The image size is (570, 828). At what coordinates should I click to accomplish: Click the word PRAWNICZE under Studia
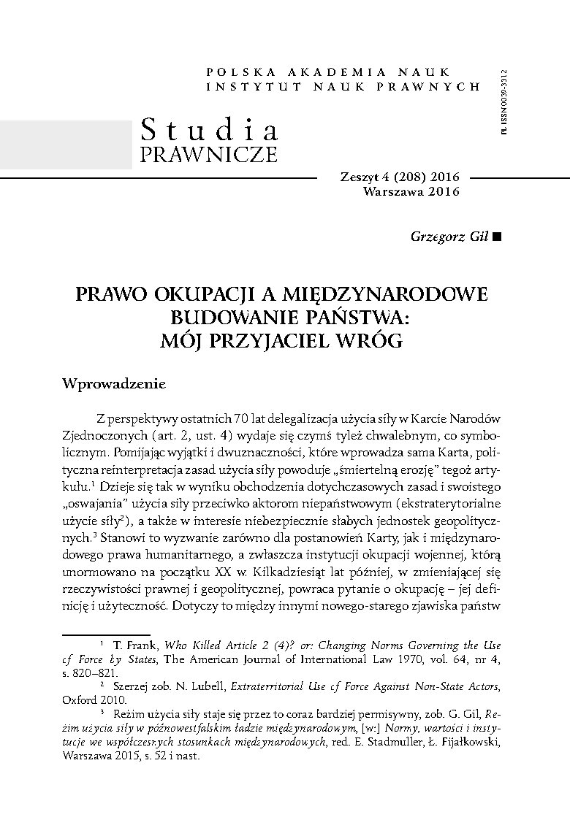(208, 154)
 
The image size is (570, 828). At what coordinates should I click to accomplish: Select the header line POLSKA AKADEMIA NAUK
(343, 72)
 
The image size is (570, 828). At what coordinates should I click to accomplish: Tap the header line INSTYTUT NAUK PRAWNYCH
(343, 86)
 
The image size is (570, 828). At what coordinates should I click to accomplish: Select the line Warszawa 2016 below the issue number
(411, 192)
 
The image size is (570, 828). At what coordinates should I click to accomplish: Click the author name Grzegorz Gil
(444, 237)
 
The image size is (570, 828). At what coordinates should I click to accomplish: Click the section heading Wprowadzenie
(115, 383)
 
